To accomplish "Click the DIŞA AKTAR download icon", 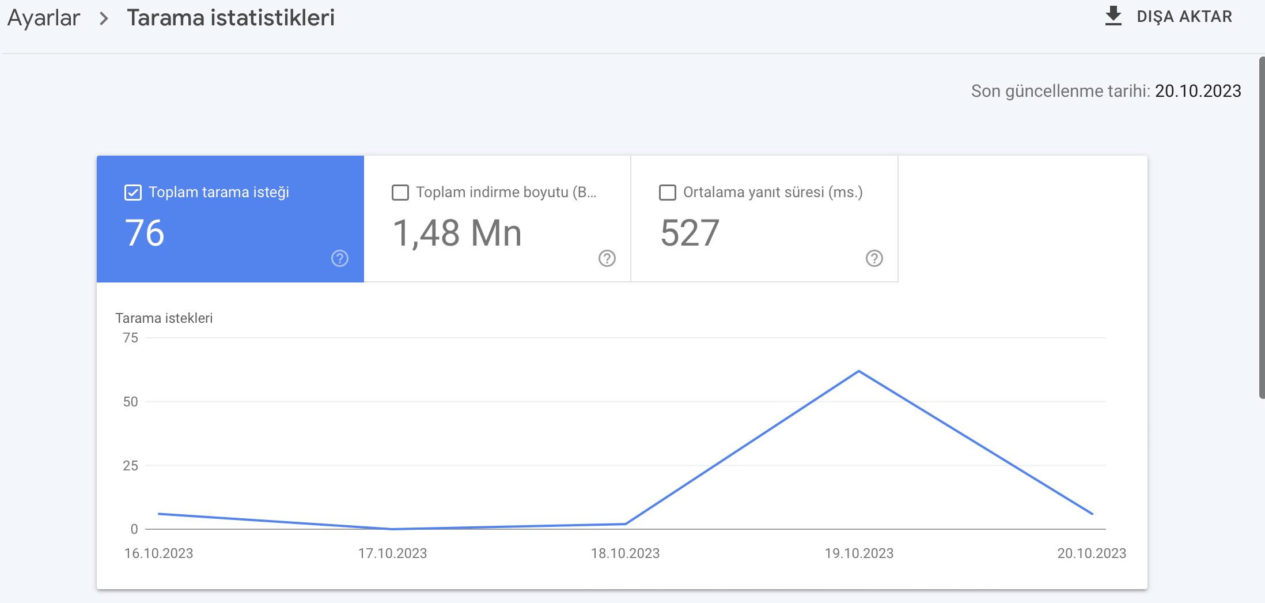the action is (x=1113, y=16).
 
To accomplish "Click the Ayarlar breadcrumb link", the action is (x=44, y=18).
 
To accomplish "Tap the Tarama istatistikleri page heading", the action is (x=230, y=18).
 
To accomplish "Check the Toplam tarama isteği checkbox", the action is (x=133, y=193).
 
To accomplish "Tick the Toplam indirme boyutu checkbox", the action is (x=400, y=193).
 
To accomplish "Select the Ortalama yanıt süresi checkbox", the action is (x=668, y=193).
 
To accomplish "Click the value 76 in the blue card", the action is (x=145, y=233).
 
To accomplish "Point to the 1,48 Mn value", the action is (x=457, y=233).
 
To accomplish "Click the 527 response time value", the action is (x=690, y=233).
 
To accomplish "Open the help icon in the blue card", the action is (x=340, y=258).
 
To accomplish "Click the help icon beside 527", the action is (x=874, y=258).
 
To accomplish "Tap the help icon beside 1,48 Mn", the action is (x=607, y=258).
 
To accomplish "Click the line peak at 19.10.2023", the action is (x=859, y=371).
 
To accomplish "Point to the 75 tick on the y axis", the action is (x=131, y=338).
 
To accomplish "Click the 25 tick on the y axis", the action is (x=131, y=466).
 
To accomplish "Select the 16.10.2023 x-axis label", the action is (x=159, y=553).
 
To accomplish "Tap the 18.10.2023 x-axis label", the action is (x=626, y=553).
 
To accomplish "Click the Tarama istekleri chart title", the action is (x=164, y=318).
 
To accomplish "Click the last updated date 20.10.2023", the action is (x=1198, y=91).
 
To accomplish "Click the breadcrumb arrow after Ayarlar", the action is (x=104, y=18).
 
